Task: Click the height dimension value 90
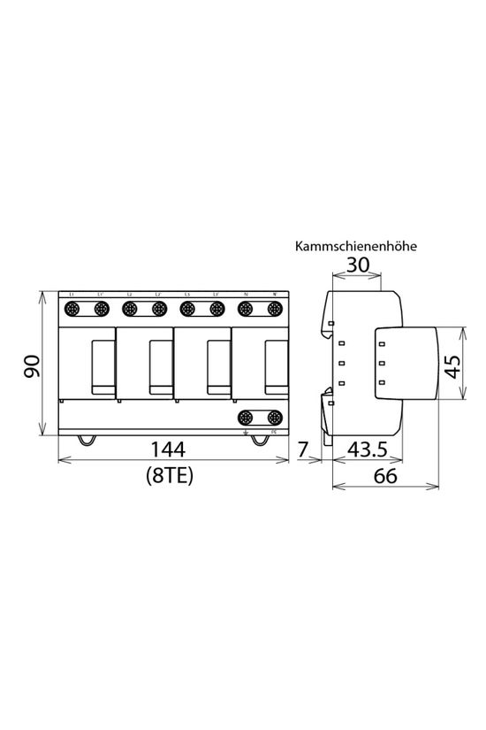[x=32, y=365]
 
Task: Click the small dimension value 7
[x=303, y=450]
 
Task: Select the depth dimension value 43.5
[x=366, y=450]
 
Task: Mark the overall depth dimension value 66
[x=384, y=475]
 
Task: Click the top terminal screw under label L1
[x=72, y=310]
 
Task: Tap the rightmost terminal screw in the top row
[x=274, y=310]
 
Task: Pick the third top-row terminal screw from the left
[x=130, y=310]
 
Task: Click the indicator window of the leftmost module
[x=102, y=367]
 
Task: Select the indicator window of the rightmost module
[x=274, y=367]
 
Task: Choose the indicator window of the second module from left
[x=159, y=367]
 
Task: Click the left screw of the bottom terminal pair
[x=246, y=417]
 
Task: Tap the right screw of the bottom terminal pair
[x=274, y=417]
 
